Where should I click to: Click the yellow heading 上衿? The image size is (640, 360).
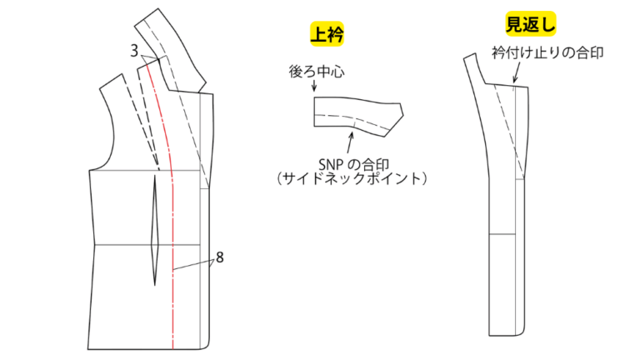click(x=327, y=34)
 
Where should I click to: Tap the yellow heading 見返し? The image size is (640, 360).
click(x=531, y=23)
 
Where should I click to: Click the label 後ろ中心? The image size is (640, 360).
click(x=317, y=72)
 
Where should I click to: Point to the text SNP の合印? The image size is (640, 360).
click(x=353, y=164)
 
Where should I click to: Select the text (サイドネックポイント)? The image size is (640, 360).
click(x=352, y=178)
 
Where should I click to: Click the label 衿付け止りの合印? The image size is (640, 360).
click(x=547, y=52)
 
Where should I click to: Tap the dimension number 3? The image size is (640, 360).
click(x=134, y=51)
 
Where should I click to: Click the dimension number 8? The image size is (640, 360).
click(x=220, y=257)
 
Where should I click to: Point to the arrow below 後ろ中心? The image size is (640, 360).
click(x=314, y=85)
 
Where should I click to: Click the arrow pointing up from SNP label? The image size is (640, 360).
click(x=350, y=142)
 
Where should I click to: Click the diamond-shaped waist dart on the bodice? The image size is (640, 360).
click(x=155, y=231)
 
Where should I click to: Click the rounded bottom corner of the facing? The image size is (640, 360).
click(x=522, y=331)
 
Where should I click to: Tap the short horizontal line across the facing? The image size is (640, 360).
click(x=502, y=234)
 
